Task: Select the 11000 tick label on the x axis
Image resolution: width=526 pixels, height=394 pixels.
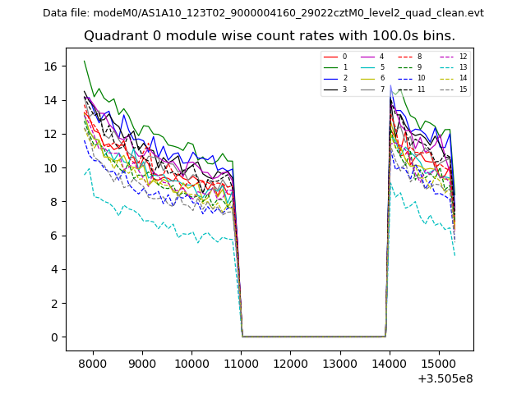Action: [x=241, y=363]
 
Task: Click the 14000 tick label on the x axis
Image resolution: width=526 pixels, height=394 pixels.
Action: [x=389, y=363]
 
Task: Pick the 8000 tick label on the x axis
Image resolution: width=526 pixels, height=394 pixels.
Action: [x=93, y=363]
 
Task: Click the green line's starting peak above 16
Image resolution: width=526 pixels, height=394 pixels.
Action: [x=84, y=61]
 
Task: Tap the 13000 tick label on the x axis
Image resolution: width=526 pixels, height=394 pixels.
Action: [x=339, y=363]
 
